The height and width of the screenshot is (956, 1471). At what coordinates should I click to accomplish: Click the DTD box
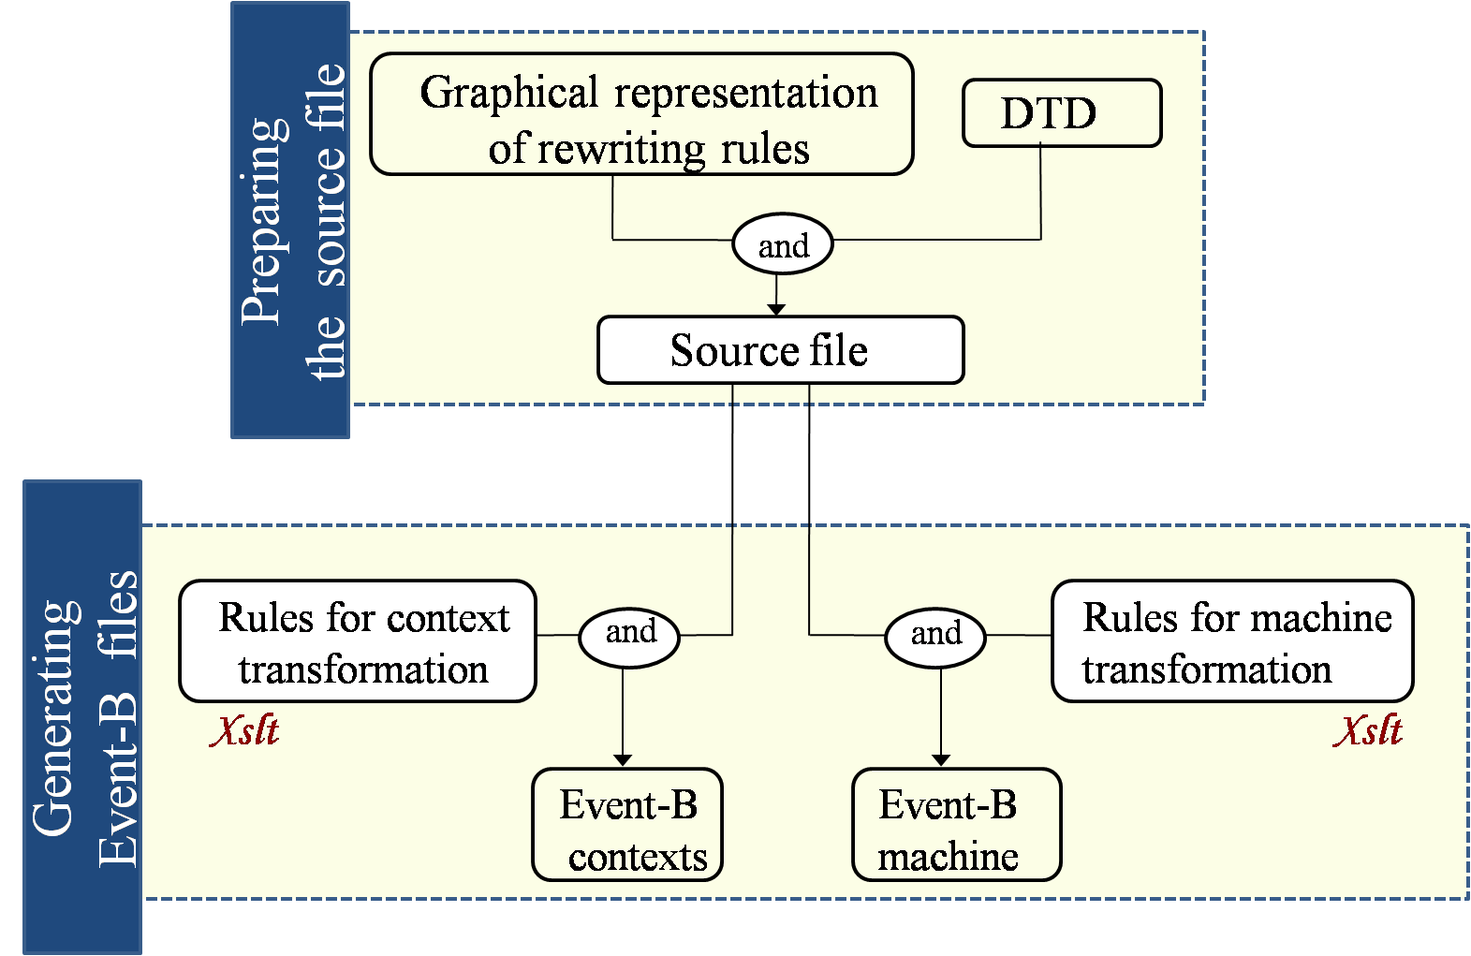click(1062, 113)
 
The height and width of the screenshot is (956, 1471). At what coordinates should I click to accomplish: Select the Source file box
click(781, 350)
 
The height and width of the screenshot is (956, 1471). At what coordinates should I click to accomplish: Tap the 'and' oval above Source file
click(783, 243)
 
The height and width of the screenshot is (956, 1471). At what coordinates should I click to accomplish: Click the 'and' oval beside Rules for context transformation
click(629, 638)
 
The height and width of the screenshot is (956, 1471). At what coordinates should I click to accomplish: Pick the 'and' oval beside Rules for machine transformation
click(935, 638)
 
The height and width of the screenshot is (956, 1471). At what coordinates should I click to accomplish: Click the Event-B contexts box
click(627, 825)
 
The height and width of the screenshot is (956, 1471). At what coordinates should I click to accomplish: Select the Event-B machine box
click(957, 825)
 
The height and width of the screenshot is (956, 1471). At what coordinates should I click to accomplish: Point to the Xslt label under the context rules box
click(245, 730)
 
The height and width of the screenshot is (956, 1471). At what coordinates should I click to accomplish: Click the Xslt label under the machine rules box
click(1368, 730)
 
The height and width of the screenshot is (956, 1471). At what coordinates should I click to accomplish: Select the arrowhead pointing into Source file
click(776, 310)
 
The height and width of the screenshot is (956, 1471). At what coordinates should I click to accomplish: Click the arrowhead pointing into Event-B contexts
click(623, 760)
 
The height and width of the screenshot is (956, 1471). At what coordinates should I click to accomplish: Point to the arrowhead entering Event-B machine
click(941, 760)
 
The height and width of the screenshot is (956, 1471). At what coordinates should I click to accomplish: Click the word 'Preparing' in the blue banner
click(264, 222)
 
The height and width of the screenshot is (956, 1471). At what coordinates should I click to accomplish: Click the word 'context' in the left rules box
click(448, 619)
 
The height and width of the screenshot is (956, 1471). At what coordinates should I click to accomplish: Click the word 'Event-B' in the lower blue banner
click(118, 780)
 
